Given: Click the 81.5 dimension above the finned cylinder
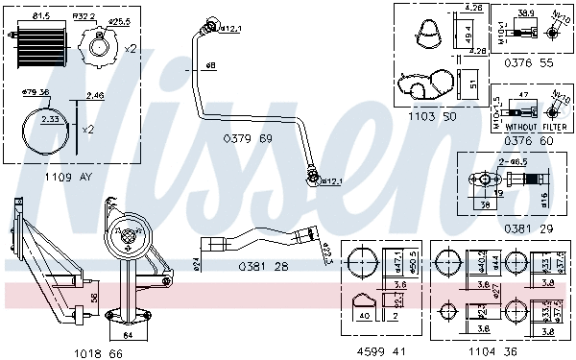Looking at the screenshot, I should pos(41,16).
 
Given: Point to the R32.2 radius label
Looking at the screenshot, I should pos(85,16).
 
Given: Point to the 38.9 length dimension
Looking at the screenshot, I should pos(525,13).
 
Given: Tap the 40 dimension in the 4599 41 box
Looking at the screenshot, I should pos(364,314).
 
